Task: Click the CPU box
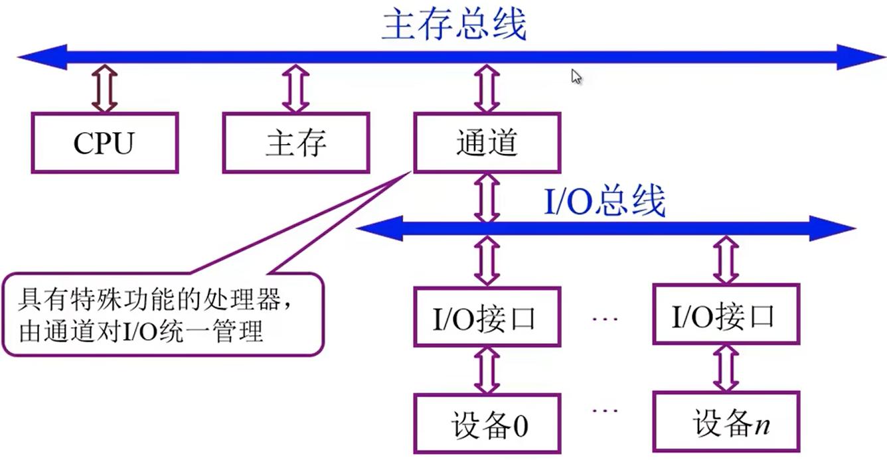(x=104, y=143)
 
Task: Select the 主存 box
(x=295, y=143)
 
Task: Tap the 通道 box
(x=487, y=143)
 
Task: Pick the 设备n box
(x=726, y=423)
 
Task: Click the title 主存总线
(x=454, y=25)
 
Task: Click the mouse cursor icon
(x=576, y=77)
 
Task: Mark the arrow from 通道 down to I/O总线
(x=487, y=197)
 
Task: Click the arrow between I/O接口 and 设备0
(x=487, y=370)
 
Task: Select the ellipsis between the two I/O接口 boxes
(x=605, y=319)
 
